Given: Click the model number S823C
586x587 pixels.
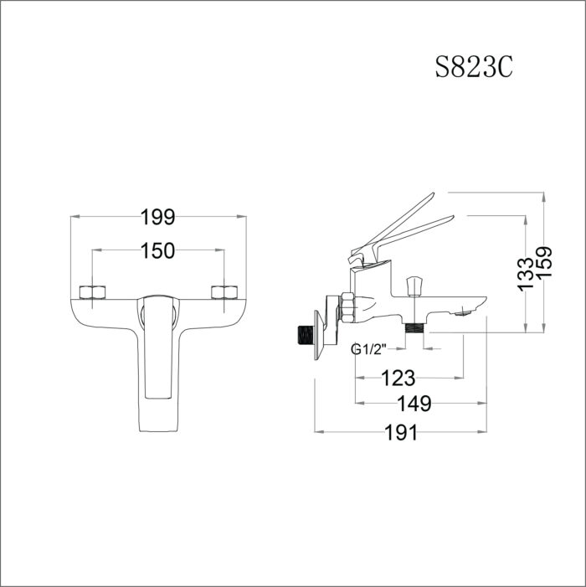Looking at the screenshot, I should pyautogui.click(x=473, y=67).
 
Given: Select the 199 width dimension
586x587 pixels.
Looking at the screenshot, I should pyautogui.click(x=157, y=218).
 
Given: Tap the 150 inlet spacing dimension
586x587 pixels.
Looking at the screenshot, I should pyautogui.click(x=157, y=250).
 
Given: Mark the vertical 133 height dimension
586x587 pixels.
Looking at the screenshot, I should pyautogui.click(x=525, y=270).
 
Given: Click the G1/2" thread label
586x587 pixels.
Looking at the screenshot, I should pyautogui.click(x=368, y=350).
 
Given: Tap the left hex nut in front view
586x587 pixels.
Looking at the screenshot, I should pyautogui.click(x=91, y=292).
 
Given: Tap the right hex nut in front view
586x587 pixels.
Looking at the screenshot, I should pyautogui.click(x=224, y=292).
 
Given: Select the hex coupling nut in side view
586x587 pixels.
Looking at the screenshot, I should pyautogui.click(x=347, y=308).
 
